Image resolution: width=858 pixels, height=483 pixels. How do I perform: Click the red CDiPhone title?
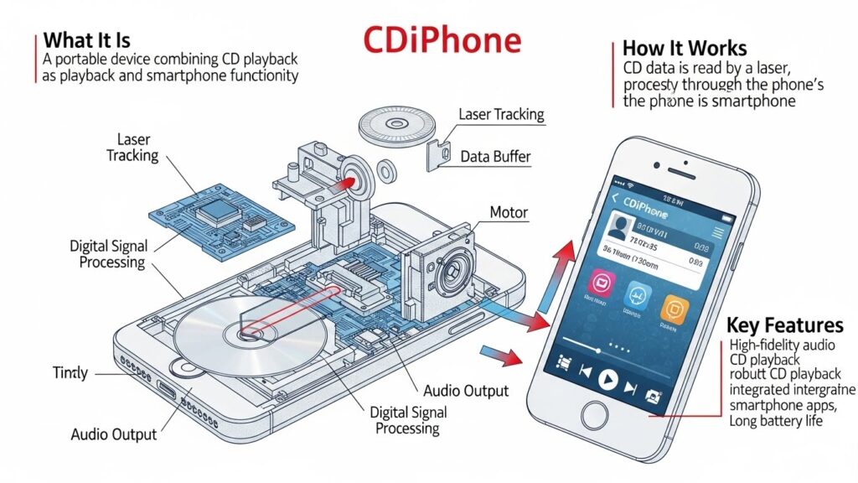tap(442, 40)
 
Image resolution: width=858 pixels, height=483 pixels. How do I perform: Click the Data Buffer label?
tap(495, 156)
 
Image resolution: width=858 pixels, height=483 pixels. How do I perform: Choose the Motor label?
tap(509, 212)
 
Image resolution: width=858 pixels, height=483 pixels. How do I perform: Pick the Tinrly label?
tap(70, 373)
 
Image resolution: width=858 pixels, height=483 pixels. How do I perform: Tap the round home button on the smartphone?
tap(595, 415)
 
